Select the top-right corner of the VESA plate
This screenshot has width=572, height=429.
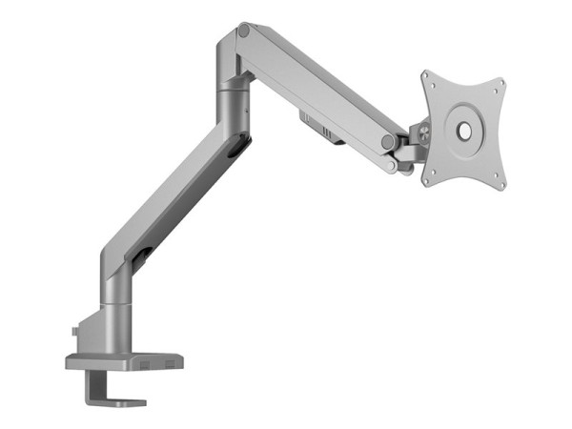500,81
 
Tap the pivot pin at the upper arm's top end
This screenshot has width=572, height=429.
244,32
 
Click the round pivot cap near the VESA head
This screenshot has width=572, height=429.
388,141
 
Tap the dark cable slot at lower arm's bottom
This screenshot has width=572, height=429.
143,255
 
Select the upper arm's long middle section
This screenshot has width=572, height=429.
315,86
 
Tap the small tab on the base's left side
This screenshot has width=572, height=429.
75,332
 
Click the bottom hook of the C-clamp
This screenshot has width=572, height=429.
119,400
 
